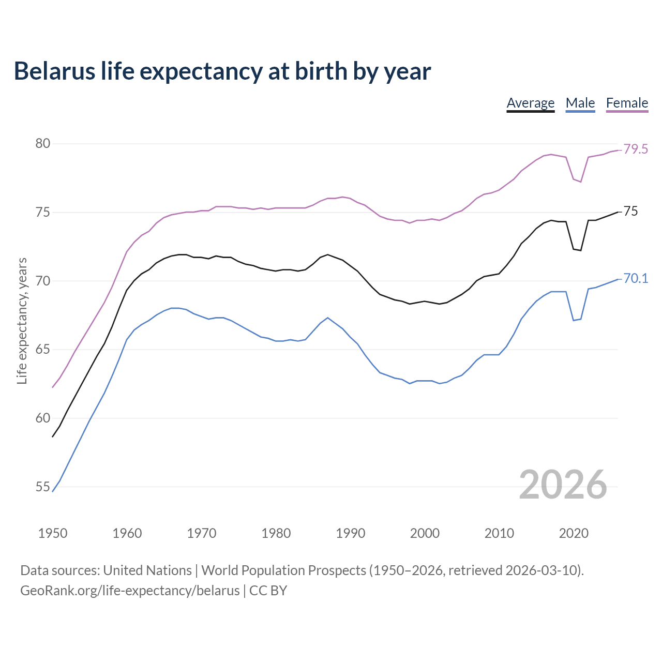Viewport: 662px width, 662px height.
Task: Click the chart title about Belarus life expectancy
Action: pyautogui.click(x=222, y=71)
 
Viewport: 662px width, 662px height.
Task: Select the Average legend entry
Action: pyautogui.click(x=530, y=103)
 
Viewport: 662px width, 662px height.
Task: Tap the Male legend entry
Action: pyautogui.click(x=580, y=103)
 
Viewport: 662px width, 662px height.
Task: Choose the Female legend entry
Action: pyautogui.click(x=627, y=103)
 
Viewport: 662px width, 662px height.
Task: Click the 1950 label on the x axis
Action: pyautogui.click(x=53, y=533)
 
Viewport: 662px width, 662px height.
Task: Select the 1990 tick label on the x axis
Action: pyautogui.click(x=350, y=533)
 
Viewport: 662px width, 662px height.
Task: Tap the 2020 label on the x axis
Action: pyautogui.click(x=574, y=533)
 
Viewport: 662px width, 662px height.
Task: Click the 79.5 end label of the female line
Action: pyautogui.click(x=636, y=149)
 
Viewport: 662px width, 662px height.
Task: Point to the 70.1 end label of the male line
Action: pyautogui.click(x=636, y=279)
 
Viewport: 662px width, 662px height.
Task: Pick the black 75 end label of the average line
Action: pyautogui.click(x=630, y=212)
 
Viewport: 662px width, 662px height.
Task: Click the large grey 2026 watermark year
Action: pyautogui.click(x=563, y=485)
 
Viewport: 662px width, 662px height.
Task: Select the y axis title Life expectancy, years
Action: pyautogui.click(x=22, y=321)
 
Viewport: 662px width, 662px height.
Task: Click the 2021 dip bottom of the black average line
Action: pyautogui.click(x=581, y=250)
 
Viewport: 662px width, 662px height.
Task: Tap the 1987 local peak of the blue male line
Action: pyautogui.click(x=328, y=318)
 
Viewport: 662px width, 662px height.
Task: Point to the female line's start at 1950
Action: pyautogui.click(x=53, y=387)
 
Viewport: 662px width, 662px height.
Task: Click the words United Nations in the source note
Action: pyautogui.click(x=147, y=570)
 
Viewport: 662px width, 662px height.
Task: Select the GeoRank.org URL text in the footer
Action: pyautogui.click(x=130, y=591)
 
